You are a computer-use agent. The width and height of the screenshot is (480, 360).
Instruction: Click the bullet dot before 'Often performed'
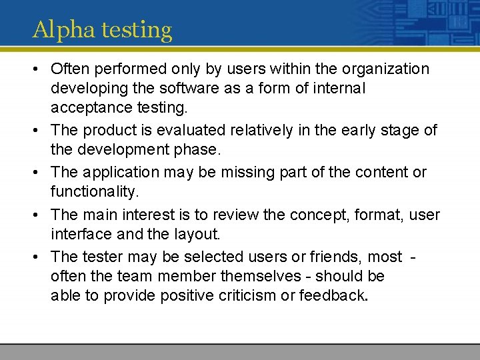coord(37,69)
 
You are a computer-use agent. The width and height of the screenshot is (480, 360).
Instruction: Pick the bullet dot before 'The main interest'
coord(37,215)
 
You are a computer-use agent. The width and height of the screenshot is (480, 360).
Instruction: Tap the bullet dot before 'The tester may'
coord(37,257)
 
